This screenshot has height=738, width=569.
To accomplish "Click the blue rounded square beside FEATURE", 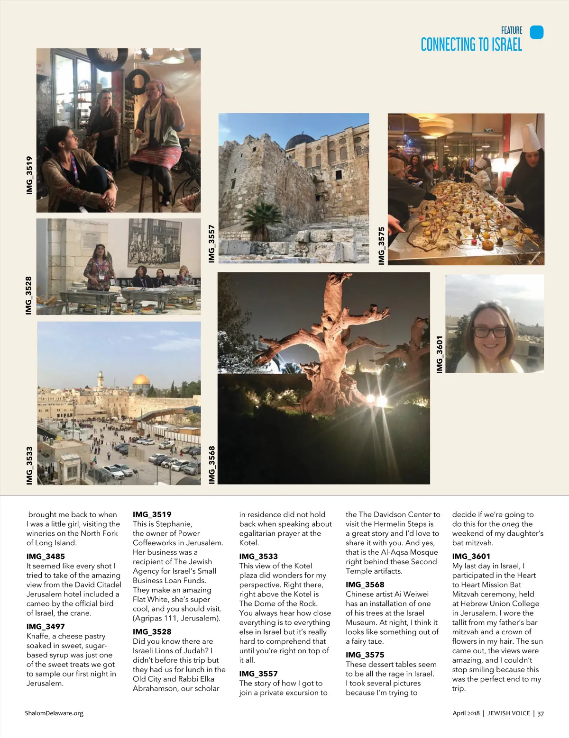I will [x=536, y=32].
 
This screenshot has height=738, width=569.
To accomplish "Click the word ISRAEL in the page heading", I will [x=506, y=45].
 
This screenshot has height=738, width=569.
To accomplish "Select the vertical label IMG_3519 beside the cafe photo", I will [x=30, y=175].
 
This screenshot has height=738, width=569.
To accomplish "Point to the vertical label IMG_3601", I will [x=440, y=354].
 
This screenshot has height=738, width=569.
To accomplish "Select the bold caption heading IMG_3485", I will [x=46, y=557].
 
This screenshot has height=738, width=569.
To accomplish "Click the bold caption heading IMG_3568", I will [x=365, y=585].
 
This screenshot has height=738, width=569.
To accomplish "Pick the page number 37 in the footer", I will [x=541, y=713].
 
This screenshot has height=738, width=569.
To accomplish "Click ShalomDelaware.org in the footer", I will [x=54, y=713].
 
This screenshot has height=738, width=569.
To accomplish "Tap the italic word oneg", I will [x=510, y=524].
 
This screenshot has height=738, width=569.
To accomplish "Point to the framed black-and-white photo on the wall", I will [x=154, y=243].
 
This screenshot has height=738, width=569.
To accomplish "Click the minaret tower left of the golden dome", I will [x=100, y=380].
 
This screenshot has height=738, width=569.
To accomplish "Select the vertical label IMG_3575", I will [x=381, y=245].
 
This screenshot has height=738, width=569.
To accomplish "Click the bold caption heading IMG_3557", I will [x=258, y=674].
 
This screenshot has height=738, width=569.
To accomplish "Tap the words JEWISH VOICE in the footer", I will [x=508, y=713].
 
